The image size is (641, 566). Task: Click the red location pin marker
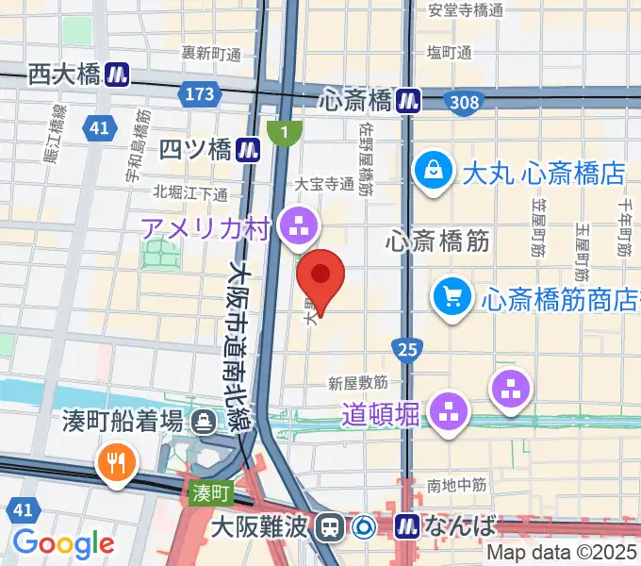click(320, 277)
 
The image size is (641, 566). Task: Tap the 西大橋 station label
click(63, 74)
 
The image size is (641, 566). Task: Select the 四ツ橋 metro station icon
click(249, 148)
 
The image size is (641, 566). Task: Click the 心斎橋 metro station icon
click(408, 98)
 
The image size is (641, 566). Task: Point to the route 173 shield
click(199, 94)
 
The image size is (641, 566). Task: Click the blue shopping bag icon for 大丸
click(434, 172)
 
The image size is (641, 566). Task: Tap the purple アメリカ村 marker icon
click(303, 225)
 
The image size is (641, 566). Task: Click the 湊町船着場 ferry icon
click(203, 421)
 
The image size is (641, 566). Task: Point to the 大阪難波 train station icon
click(330, 525)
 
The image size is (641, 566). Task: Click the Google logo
click(63, 542)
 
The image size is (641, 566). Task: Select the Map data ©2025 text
click(563, 553)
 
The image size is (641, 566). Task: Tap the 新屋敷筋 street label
click(358, 383)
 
